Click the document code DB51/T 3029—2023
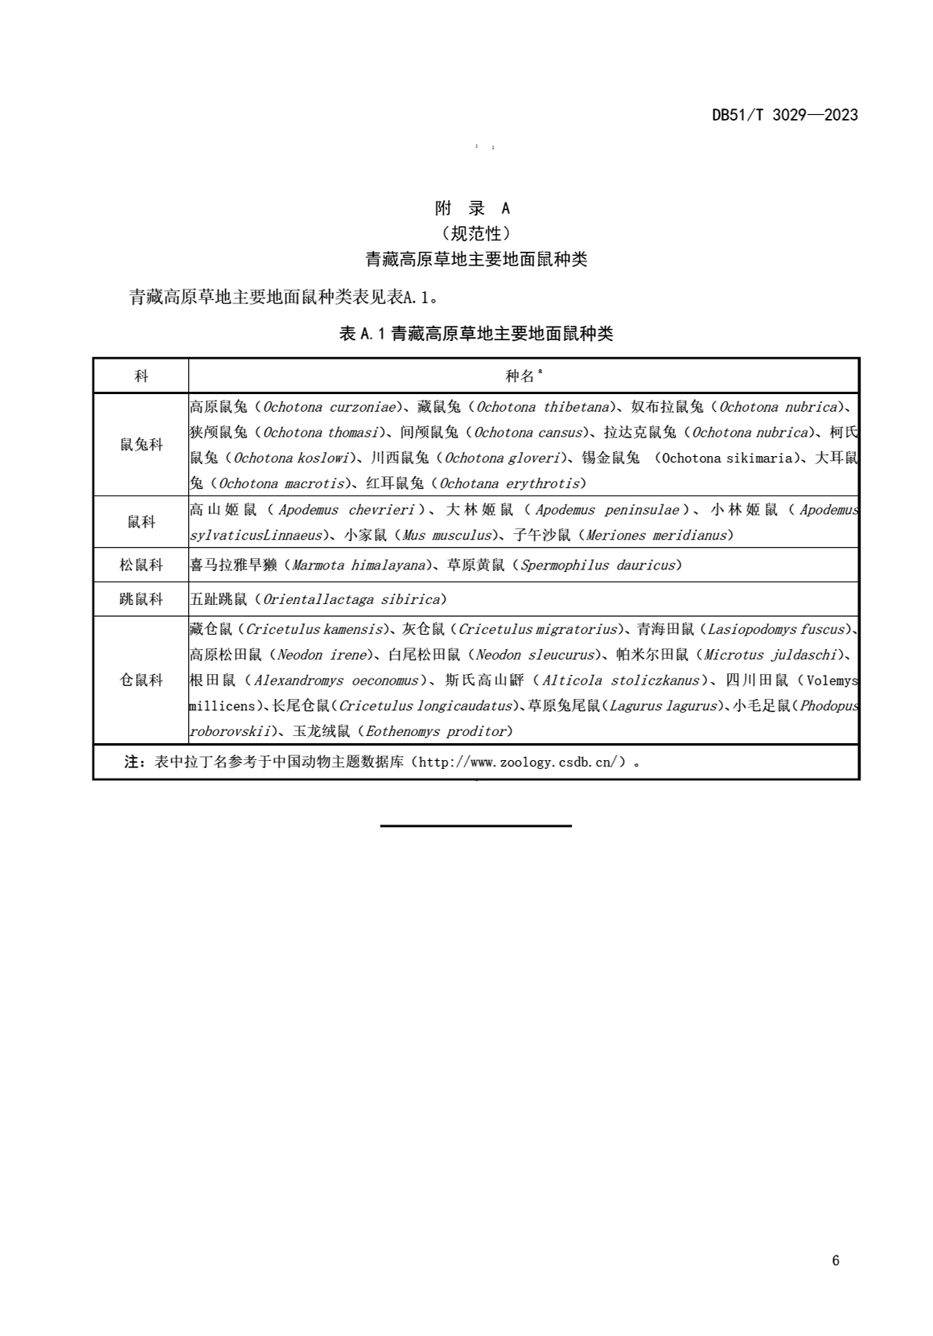[784, 115]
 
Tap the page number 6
[836, 1260]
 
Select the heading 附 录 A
[472, 208]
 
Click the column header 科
[142, 376]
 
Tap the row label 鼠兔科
[142, 445]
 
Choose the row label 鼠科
[142, 522]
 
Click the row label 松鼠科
[142, 565]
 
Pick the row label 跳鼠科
[142, 599]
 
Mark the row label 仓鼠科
[142, 680]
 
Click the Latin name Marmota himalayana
[359, 565]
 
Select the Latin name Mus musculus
[446, 535]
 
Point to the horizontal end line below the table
[475, 825]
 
